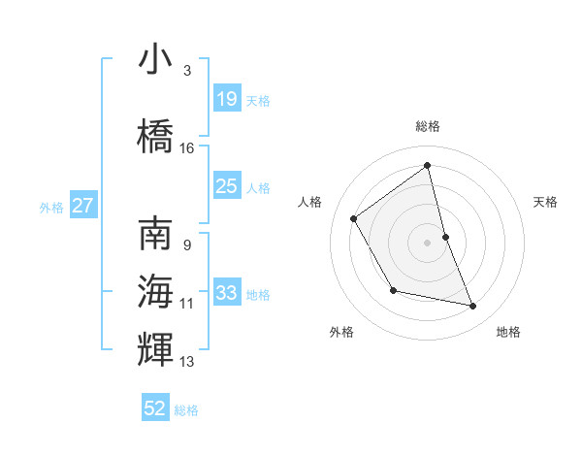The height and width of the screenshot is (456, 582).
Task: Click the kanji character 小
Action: tap(155, 59)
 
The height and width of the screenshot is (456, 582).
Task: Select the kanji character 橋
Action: tap(155, 137)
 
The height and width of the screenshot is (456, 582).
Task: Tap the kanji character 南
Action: tap(155, 234)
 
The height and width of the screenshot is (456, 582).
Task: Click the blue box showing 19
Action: tap(226, 98)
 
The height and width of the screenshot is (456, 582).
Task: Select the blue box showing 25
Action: tap(226, 185)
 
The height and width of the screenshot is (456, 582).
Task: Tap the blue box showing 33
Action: tap(226, 292)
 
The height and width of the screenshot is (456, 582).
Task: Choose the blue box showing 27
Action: tap(83, 206)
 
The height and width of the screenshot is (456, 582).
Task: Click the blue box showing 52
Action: tap(155, 408)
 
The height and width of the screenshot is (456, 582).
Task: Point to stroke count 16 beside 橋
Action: tap(187, 148)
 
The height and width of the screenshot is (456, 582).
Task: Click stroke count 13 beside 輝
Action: tap(187, 362)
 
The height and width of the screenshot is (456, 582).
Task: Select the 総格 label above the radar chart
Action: tap(428, 126)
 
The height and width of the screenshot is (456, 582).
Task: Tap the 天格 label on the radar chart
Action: tap(545, 202)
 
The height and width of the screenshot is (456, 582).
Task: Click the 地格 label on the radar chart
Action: tap(508, 332)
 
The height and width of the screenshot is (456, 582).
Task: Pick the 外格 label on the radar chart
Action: tap(341, 332)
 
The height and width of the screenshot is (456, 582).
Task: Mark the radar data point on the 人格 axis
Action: tap(354, 218)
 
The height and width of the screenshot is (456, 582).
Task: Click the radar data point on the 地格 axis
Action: tap(473, 307)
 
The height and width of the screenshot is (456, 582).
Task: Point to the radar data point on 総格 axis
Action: tap(428, 165)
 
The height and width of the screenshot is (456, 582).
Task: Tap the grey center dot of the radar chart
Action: tap(428, 242)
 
